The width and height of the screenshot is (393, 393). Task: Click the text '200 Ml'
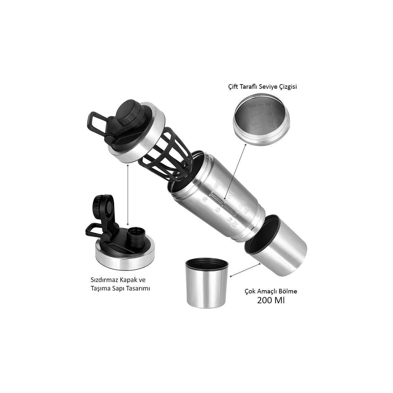[271, 300]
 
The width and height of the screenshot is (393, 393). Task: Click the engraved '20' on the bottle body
[205, 199]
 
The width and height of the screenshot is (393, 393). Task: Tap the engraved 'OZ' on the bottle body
[234, 225]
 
